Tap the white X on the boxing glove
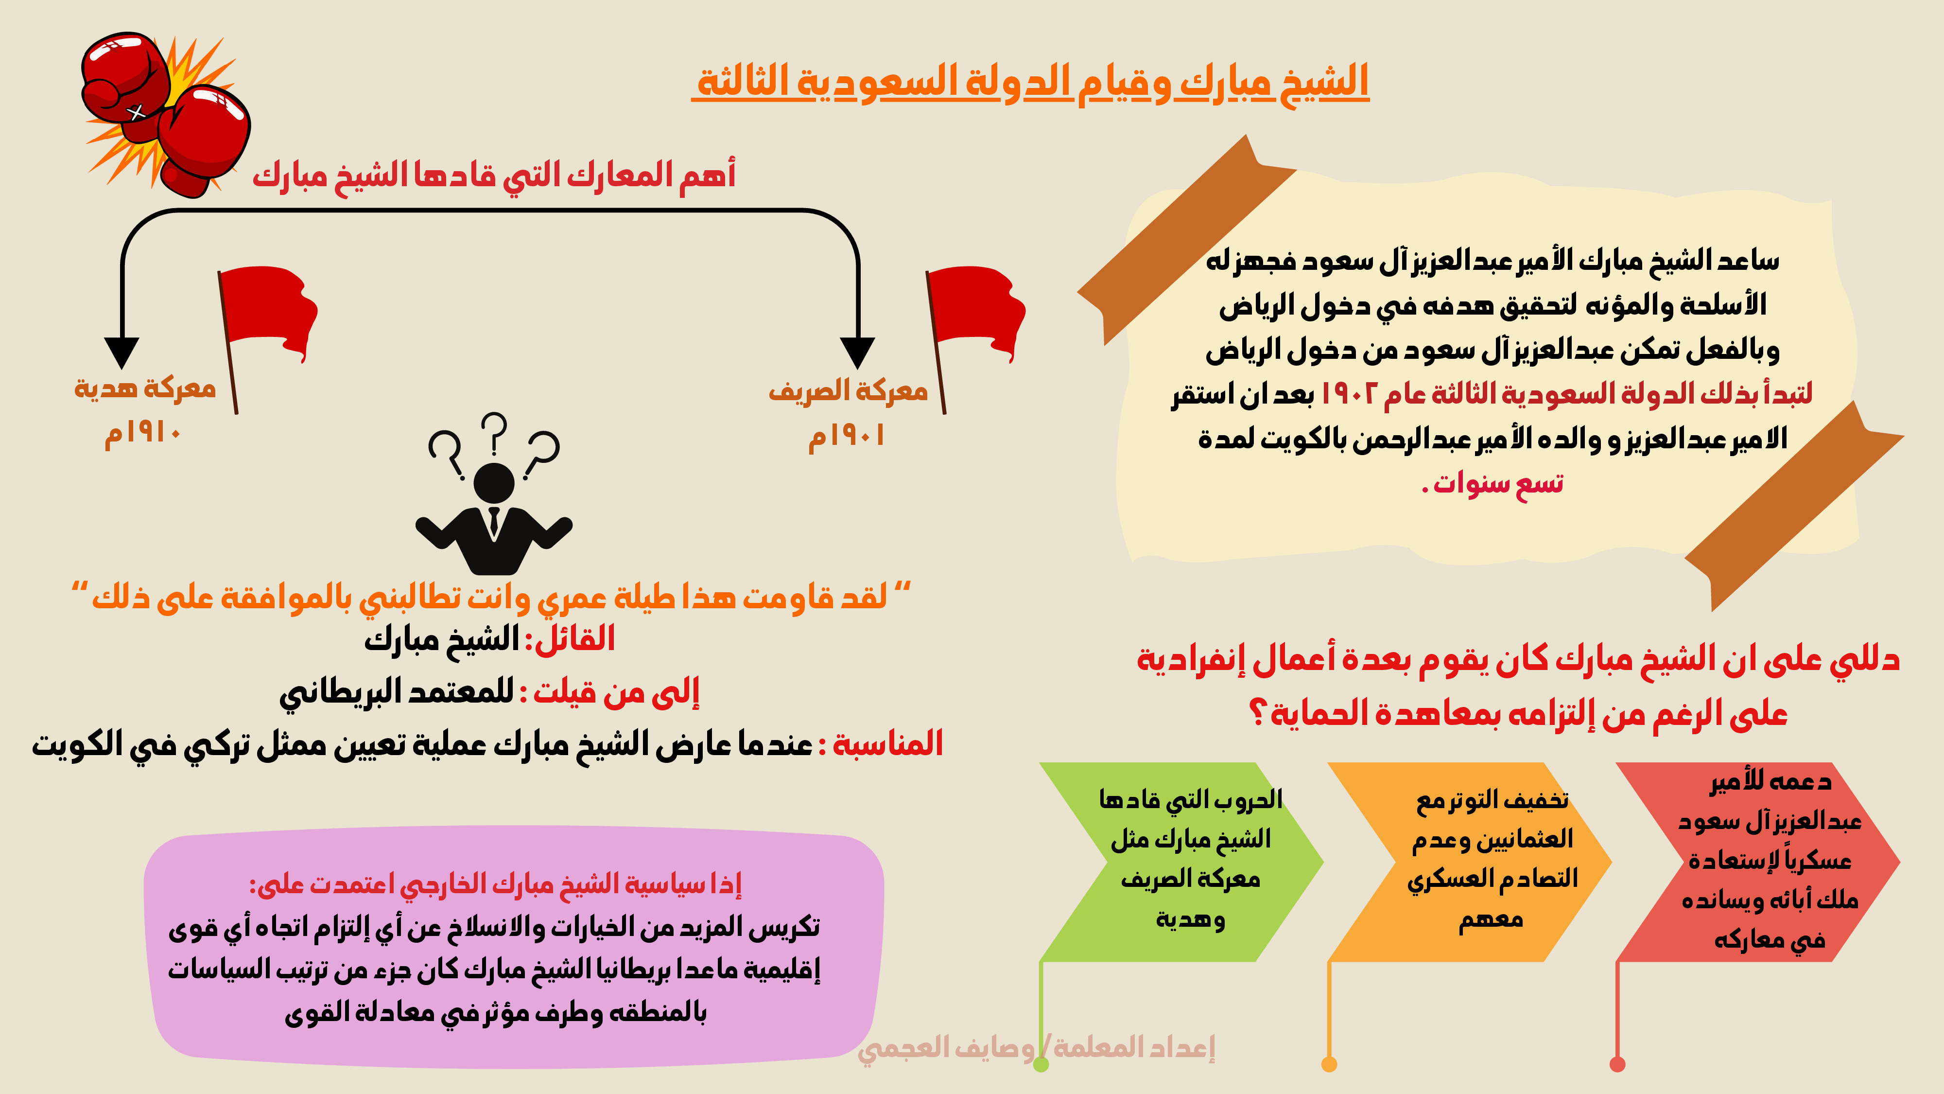coord(136,112)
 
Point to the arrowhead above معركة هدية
coord(121,353)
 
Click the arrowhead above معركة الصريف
coord(857,353)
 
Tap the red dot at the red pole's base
coord(1617,1064)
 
